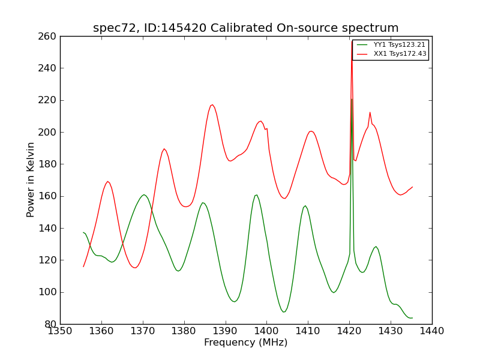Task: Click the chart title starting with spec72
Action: [245, 28]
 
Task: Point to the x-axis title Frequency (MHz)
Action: [245, 343]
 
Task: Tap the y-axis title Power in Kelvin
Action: [31, 179]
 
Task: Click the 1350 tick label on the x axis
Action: [60, 331]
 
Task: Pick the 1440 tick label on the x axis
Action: [432, 331]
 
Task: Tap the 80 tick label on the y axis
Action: [50, 324]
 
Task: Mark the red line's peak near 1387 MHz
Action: [212, 104]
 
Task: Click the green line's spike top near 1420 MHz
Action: [352, 99]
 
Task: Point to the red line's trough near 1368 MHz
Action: [135, 268]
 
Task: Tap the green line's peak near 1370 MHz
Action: [144, 194]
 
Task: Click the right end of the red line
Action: [412, 187]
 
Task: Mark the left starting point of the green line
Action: [83, 232]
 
